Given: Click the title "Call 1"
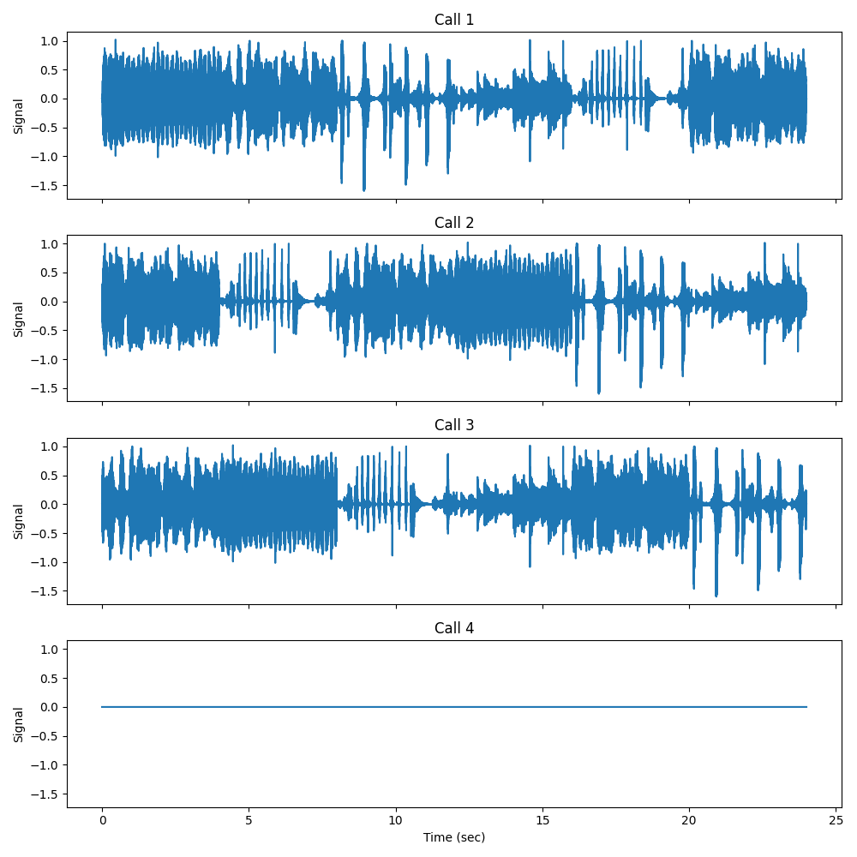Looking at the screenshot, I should (x=454, y=20).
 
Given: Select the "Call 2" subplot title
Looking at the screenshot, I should (x=454, y=223).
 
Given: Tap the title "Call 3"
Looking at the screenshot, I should (x=454, y=425).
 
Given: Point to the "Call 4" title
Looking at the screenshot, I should (x=454, y=628).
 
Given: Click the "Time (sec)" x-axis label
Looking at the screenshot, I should (x=454, y=836).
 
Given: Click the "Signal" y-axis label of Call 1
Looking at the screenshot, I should (x=19, y=116).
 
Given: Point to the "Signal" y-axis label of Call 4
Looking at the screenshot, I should (x=19, y=724).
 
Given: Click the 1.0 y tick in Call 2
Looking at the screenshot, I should (x=50, y=243).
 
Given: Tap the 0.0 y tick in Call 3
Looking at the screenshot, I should (x=50, y=504).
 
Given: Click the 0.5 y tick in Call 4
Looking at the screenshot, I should (x=50, y=678).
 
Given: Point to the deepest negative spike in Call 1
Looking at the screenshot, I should (x=364, y=190).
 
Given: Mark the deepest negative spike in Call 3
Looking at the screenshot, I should (x=716, y=596).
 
